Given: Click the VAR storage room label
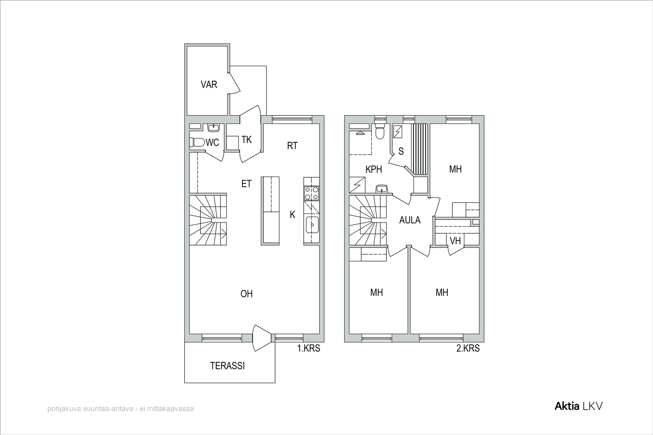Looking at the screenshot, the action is pyautogui.click(x=209, y=84).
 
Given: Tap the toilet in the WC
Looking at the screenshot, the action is pyautogui.click(x=197, y=142).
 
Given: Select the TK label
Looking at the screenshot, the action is pyautogui.click(x=247, y=140).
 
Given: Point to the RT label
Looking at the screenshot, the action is pyautogui.click(x=292, y=146).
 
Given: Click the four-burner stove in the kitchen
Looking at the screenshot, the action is pyautogui.click(x=312, y=193).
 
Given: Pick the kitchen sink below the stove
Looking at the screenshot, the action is pyautogui.click(x=312, y=225).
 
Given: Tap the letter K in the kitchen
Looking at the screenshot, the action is pyautogui.click(x=292, y=214).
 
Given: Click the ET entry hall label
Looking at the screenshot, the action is pyautogui.click(x=247, y=184).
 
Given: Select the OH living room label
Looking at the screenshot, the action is pyautogui.click(x=247, y=294).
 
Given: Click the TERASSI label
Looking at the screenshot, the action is pyautogui.click(x=227, y=366).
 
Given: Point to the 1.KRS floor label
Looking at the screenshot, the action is pyautogui.click(x=309, y=348).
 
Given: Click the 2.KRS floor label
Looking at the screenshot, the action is pyautogui.click(x=468, y=348).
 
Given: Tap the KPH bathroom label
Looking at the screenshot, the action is pyautogui.click(x=374, y=169).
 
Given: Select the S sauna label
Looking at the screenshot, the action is pyautogui.click(x=401, y=151).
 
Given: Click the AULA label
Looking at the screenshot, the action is pyautogui.click(x=410, y=220).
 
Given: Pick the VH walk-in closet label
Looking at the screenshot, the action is pyautogui.click(x=455, y=241).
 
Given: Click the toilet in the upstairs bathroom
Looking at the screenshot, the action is pyautogui.click(x=380, y=131).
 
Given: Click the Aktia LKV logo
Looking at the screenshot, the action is pyautogui.click(x=578, y=406).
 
